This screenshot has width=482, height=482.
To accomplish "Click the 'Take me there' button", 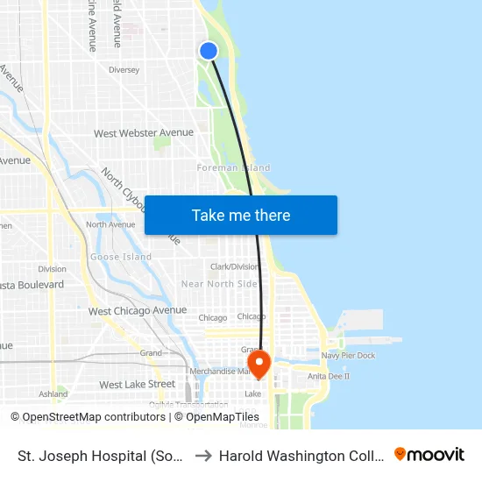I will coord(241,215).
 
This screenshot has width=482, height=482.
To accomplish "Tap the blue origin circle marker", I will coord(209,51).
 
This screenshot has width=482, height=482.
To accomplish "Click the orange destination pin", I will coord(259,362).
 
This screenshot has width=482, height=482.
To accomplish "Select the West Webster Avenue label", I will coord(144,133).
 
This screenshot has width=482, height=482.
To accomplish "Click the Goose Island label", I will coord(121,257).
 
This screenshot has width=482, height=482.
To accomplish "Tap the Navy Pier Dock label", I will coord(348,355).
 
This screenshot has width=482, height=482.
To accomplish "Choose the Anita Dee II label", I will coord(329,376).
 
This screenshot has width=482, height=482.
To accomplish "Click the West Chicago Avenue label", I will coord(138,310).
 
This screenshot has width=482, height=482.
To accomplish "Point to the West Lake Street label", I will coord(137,384).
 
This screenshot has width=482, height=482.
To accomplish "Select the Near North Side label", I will coord(219,284).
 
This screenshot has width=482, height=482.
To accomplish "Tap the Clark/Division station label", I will coord(234,266).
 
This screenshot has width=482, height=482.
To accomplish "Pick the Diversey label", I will coord(124,69).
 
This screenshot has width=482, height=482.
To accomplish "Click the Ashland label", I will coord(53,394).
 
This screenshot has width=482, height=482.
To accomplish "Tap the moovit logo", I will coord(429,455).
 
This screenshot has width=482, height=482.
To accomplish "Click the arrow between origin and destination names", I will coord(202,456).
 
